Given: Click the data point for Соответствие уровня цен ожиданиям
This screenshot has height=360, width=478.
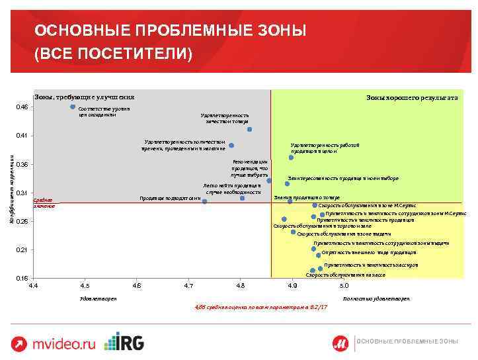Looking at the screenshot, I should tap(73, 107).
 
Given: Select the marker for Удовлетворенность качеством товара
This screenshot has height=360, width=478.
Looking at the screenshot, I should tap(250, 130).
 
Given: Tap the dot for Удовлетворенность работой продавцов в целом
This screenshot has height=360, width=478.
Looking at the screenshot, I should tap(291, 157).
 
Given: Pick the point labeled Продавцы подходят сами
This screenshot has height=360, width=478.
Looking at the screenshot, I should tap(205, 201).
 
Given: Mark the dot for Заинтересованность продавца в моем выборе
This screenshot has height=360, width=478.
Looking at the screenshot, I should tap(287, 184).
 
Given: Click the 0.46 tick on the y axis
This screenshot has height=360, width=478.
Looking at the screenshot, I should tap(22, 107).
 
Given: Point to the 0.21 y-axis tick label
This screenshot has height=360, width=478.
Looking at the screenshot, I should tap(22, 249).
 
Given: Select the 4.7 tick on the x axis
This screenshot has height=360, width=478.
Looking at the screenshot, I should tap(188, 285).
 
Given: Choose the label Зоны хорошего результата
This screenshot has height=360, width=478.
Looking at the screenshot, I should tap(412, 97).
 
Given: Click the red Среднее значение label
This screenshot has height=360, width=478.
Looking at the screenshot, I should tap(43, 203).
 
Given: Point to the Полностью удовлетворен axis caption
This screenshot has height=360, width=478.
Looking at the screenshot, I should tap(377, 299).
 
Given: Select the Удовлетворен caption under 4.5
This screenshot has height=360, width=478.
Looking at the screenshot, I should tap(98, 299).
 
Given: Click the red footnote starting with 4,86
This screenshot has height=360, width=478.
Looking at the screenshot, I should tap(261, 308).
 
